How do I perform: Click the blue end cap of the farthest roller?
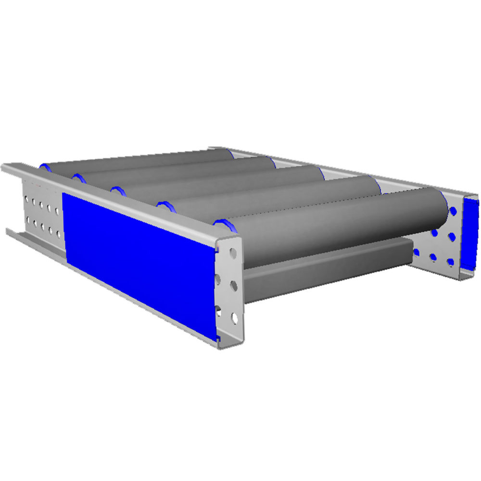[x=45, y=166]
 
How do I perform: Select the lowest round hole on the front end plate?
[x=234, y=318]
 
